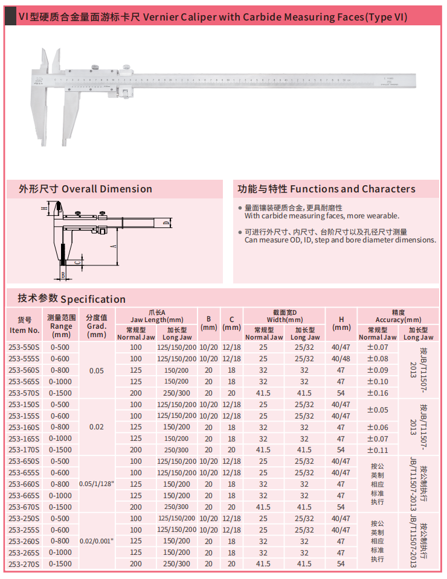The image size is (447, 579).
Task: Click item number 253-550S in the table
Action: click(x=24, y=347)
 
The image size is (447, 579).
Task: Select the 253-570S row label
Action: click(x=24, y=393)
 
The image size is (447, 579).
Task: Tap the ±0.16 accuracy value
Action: click(x=378, y=393)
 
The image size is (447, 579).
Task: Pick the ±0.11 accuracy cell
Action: click(x=378, y=450)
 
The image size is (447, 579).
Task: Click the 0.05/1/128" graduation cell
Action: click(x=97, y=484)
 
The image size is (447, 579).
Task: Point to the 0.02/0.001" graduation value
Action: click(x=97, y=541)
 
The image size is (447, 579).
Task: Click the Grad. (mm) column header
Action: click(x=97, y=325)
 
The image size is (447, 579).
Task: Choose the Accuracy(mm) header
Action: click(x=398, y=316)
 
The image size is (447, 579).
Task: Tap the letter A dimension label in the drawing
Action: click(x=113, y=246)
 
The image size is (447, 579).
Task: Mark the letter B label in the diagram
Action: click(x=63, y=275)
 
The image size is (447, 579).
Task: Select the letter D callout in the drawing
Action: click(x=164, y=224)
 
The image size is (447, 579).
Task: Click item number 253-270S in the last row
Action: click(x=24, y=564)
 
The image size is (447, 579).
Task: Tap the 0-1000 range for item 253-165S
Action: click(x=60, y=438)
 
